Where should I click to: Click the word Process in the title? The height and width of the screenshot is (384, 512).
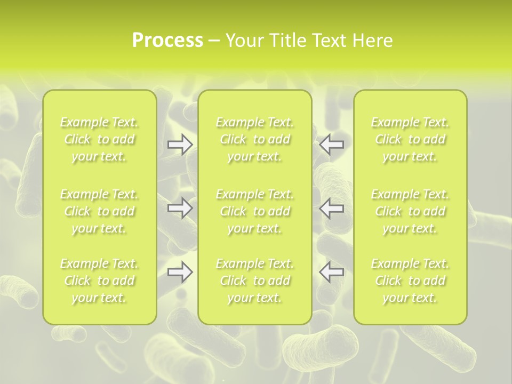(167, 41)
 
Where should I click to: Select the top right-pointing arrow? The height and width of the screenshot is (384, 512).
(180, 145)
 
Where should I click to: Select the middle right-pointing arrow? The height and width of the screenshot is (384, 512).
(180, 208)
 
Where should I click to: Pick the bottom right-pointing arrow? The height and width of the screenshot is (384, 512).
(180, 272)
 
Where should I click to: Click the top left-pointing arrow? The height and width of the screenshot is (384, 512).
(332, 145)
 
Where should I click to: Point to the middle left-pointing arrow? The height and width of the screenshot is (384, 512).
(332, 208)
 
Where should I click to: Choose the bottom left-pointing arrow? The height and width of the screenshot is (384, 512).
(332, 272)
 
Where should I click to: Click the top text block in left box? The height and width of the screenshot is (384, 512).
(99, 139)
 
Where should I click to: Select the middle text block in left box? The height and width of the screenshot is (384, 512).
(99, 211)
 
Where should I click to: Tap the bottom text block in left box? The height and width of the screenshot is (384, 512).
(99, 281)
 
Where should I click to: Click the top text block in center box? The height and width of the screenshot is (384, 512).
(255, 139)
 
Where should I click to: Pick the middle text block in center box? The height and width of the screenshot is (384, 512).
(255, 211)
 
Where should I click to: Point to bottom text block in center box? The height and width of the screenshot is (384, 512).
(255, 281)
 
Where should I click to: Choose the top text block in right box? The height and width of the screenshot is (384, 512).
(410, 139)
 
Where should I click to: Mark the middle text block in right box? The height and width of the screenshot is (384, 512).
(410, 211)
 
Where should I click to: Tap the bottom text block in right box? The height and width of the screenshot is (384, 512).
(410, 281)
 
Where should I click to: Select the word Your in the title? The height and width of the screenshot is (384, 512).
(244, 41)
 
